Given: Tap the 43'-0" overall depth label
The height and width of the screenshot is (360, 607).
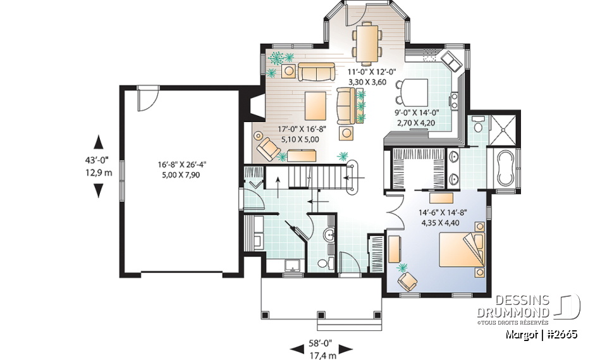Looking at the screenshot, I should (x=99, y=161).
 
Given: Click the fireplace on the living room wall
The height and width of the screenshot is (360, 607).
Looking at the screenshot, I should (x=257, y=107).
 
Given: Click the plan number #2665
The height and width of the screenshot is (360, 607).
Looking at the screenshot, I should (x=561, y=333).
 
